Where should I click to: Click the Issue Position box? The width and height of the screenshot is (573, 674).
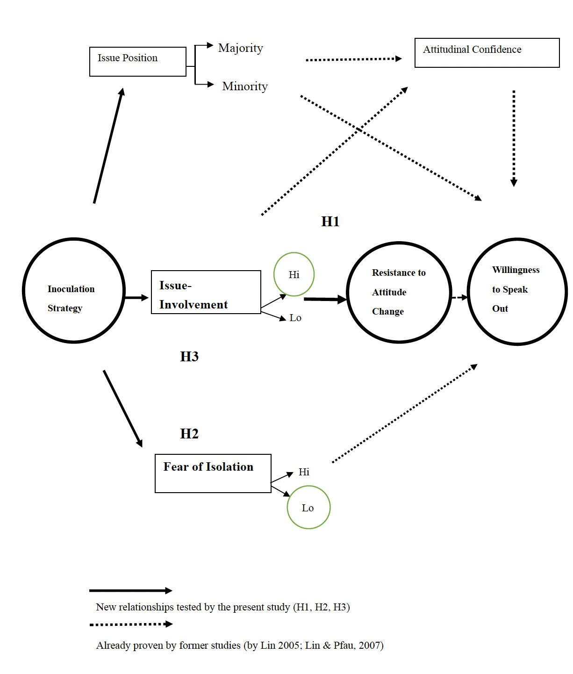coord(137,61)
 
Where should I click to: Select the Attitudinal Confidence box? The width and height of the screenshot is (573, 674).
coord(487,53)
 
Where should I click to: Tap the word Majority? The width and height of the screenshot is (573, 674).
coord(241,48)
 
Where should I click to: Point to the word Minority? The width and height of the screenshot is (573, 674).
coord(245,86)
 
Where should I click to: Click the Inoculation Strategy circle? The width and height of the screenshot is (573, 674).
coord(74,291)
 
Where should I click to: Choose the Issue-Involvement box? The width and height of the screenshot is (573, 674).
coord(206,292)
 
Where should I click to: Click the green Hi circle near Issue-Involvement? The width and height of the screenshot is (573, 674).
coord(294,274)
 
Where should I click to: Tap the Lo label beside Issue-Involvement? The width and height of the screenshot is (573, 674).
coord(295,318)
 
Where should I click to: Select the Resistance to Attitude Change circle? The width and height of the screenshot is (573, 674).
coord(399,293)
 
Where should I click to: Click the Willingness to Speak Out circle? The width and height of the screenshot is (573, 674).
coord(517,292)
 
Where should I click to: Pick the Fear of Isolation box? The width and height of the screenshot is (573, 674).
coord(213,473)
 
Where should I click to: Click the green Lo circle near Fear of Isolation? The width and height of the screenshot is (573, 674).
coord(308,508)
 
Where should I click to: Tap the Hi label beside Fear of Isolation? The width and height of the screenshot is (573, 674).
coord(304,472)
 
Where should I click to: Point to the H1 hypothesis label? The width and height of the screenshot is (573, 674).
coord(330,222)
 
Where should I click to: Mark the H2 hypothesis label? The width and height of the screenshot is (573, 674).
coord(189,434)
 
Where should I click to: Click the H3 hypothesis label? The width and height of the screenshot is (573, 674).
coord(189,357)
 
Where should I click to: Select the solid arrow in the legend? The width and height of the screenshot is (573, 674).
coord(131,591)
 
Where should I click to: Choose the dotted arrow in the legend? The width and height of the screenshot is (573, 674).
coord(131,624)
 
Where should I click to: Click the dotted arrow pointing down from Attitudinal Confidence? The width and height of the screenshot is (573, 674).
coord(514,138)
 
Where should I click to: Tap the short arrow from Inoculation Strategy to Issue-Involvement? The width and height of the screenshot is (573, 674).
coord(136,298)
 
